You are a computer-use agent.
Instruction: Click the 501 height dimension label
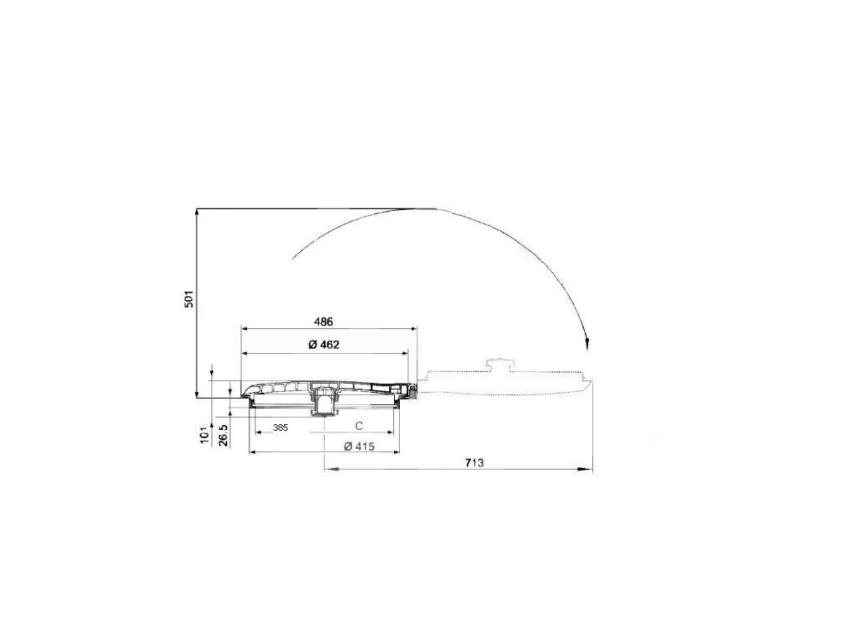[x=189, y=299]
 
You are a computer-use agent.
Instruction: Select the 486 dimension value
[x=324, y=322]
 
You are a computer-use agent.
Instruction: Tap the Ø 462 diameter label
[x=324, y=345]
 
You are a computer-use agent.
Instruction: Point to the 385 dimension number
[x=280, y=427]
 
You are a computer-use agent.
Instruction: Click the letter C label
[x=359, y=426]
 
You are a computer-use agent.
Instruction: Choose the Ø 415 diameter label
[x=359, y=446]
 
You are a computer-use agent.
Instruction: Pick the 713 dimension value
[x=475, y=463]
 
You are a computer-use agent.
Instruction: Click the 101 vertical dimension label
[x=205, y=434]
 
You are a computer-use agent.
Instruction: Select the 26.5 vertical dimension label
[x=224, y=435]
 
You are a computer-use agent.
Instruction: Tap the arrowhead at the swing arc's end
[x=587, y=343]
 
